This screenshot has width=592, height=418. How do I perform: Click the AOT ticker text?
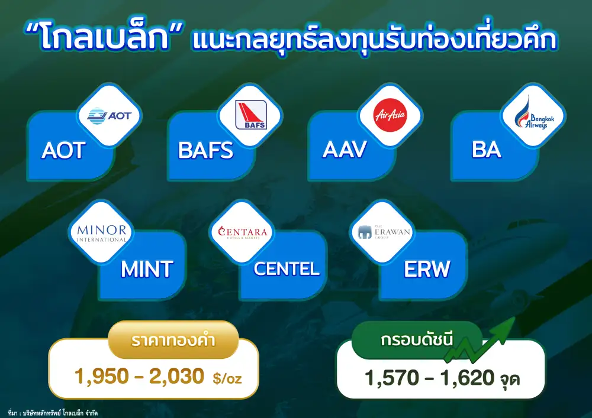click(63, 150)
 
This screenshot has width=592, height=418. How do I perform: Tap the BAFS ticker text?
click(206, 150)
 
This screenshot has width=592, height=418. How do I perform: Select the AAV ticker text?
click(345, 150)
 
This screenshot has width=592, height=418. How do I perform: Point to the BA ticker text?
click(486, 150)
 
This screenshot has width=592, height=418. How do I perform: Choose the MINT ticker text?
click(147, 269)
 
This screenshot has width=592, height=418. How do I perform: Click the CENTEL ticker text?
click(287, 269)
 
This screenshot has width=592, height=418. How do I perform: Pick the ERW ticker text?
click(427, 269)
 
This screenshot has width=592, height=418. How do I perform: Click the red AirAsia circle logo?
click(390, 115)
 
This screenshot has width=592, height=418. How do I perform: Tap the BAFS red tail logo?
click(250, 115)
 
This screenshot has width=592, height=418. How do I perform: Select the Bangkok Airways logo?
click(534, 114)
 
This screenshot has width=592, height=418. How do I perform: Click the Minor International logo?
click(102, 234)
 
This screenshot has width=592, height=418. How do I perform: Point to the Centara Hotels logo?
click(242, 232)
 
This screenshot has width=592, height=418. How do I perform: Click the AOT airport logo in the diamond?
click(109, 116)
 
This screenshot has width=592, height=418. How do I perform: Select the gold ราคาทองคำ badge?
click(173, 339)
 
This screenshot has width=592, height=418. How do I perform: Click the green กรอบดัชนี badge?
click(417, 340)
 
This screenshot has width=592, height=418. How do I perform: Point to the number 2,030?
click(176, 376)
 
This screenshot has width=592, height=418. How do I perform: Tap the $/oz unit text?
click(227, 378)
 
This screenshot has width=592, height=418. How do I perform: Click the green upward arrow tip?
click(515, 317)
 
